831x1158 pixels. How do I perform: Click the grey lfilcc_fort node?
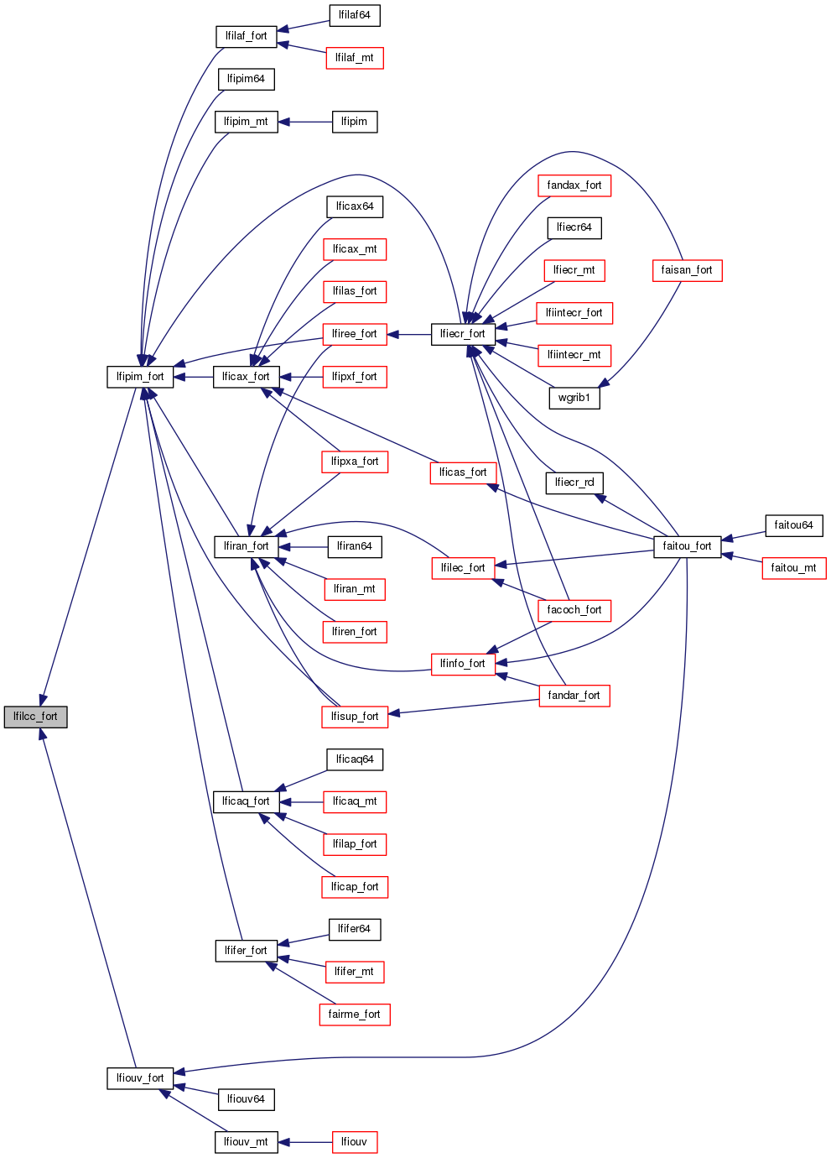(x=35, y=717)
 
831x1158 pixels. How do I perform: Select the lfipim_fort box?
(x=140, y=377)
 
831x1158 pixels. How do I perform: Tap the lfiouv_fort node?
(x=140, y=1078)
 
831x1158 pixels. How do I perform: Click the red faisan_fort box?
(x=687, y=270)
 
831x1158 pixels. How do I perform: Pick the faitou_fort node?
(x=687, y=546)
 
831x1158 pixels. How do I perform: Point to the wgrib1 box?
(x=574, y=398)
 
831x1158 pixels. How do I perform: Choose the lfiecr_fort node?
(x=463, y=334)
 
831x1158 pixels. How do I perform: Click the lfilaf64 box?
(x=354, y=15)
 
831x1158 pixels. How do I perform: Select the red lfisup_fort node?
(x=355, y=717)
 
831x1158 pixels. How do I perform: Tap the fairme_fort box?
(x=354, y=1015)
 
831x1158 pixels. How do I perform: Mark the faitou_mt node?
(x=793, y=568)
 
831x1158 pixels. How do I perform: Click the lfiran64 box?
(x=354, y=546)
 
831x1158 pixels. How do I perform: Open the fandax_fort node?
(x=574, y=185)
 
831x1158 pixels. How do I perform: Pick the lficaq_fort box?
(x=246, y=801)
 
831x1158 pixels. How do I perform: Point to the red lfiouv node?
(x=354, y=1142)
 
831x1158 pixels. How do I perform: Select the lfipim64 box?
(x=246, y=79)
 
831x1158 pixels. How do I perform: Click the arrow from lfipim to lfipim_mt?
(x=305, y=122)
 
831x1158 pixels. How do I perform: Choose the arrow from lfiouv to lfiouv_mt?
(x=305, y=1142)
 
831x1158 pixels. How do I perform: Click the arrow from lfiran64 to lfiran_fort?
(x=302, y=546)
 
